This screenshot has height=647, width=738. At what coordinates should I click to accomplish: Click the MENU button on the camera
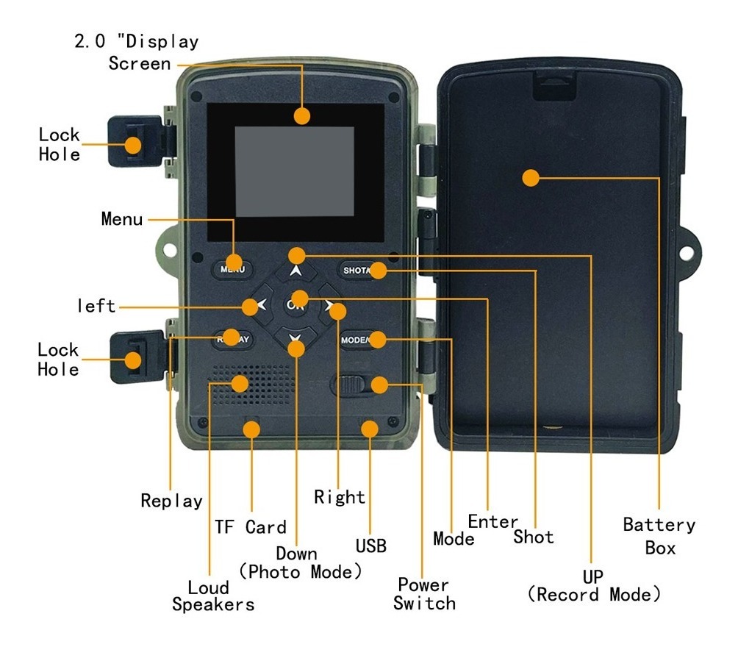(x=232, y=269)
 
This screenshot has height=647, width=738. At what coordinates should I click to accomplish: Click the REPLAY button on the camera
(x=233, y=339)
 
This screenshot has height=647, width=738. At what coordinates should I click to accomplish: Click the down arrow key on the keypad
(x=295, y=338)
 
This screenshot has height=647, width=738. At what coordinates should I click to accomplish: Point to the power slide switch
(x=349, y=385)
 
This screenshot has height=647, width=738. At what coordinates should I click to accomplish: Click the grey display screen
(x=295, y=171)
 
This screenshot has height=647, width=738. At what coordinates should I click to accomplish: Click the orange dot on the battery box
(x=531, y=178)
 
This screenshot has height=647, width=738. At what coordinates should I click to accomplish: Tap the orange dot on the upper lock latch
(x=133, y=145)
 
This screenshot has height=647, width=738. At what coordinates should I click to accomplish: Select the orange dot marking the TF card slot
(x=251, y=429)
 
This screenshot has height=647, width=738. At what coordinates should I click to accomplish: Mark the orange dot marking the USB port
(x=370, y=429)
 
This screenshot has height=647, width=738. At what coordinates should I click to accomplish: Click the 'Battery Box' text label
(x=659, y=536)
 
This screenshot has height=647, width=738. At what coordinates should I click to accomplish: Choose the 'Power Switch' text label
(x=424, y=594)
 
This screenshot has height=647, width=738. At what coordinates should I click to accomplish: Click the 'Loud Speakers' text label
(x=213, y=596)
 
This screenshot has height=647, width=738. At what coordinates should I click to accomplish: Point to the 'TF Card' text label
(x=251, y=527)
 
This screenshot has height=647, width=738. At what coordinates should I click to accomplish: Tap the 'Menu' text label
(x=122, y=219)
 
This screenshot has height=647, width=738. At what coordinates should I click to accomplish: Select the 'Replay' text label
(x=172, y=501)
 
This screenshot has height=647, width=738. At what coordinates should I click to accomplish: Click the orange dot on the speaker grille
(x=240, y=384)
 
